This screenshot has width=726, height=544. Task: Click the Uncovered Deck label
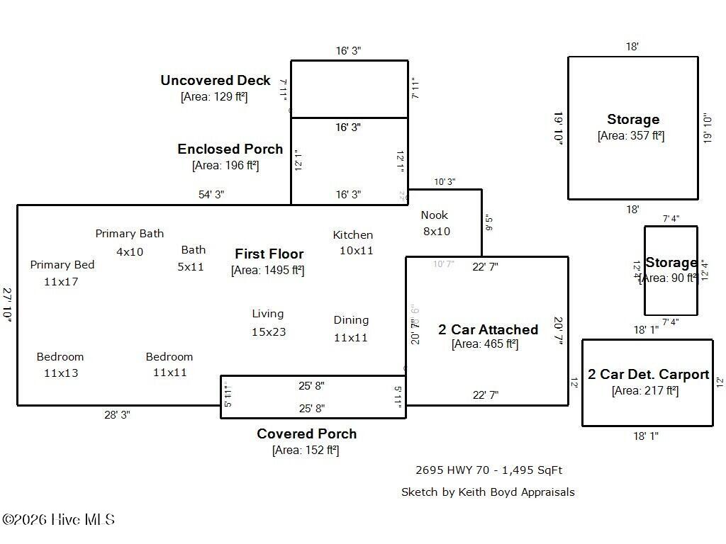(x=215, y=81)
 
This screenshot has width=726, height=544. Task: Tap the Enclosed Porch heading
(x=230, y=149)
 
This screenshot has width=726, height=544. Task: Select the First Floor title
(x=269, y=254)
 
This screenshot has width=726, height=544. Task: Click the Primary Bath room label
(x=130, y=234)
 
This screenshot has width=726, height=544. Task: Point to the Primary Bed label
(x=62, y=265)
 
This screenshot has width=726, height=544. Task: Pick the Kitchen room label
(x=353, y=235)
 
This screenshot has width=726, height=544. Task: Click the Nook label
(x=435, y=215)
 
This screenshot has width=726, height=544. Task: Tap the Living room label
(x=268, y=314)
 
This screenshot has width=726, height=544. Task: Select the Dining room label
(x=351, y=320)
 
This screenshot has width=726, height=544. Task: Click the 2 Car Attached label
(x=488, y=329)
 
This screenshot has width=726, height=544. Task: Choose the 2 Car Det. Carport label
(x=648, y=375)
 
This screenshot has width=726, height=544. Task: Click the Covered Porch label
(x=306, y=433)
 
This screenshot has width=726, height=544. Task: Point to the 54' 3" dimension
(x=211, y=195)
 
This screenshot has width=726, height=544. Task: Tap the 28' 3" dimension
(x=117, y=415)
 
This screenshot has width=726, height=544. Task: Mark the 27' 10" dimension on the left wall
(x=8, y=305)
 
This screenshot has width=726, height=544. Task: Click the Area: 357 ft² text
(x=631, y=135)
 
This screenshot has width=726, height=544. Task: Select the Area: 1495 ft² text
(x=267, y=270)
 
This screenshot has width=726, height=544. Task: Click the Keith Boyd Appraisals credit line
(x=488, y=492)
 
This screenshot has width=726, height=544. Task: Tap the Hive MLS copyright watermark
(x=58, y=520)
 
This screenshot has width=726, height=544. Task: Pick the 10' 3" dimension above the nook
(x=445, y=182)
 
